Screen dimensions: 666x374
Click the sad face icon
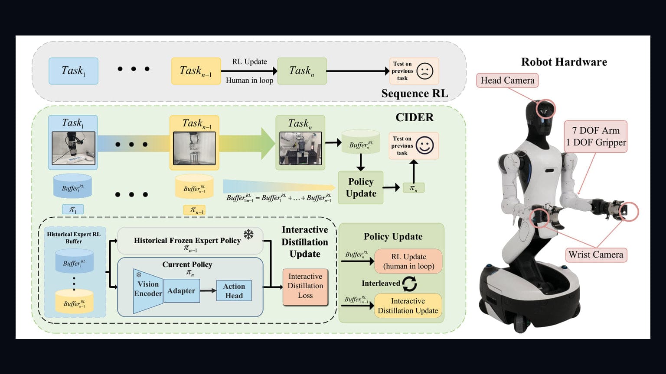425,71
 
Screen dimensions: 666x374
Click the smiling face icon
424,145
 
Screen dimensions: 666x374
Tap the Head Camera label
508,81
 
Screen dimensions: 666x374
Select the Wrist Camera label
595,255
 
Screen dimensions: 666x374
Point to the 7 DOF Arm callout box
596,136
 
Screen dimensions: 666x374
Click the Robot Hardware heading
564,62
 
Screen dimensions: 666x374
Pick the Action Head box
234,291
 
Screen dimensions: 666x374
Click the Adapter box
181,290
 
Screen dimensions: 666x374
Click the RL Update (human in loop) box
408,261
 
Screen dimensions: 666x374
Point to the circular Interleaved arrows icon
409,284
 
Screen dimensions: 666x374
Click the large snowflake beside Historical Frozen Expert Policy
248,235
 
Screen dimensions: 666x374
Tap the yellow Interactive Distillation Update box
408,306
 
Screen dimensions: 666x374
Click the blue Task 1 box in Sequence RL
73,71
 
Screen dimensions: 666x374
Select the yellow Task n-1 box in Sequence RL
196,71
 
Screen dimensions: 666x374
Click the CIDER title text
415,118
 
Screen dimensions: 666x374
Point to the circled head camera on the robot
546,109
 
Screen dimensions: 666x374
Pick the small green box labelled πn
414,187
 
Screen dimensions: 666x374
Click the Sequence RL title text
415,93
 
